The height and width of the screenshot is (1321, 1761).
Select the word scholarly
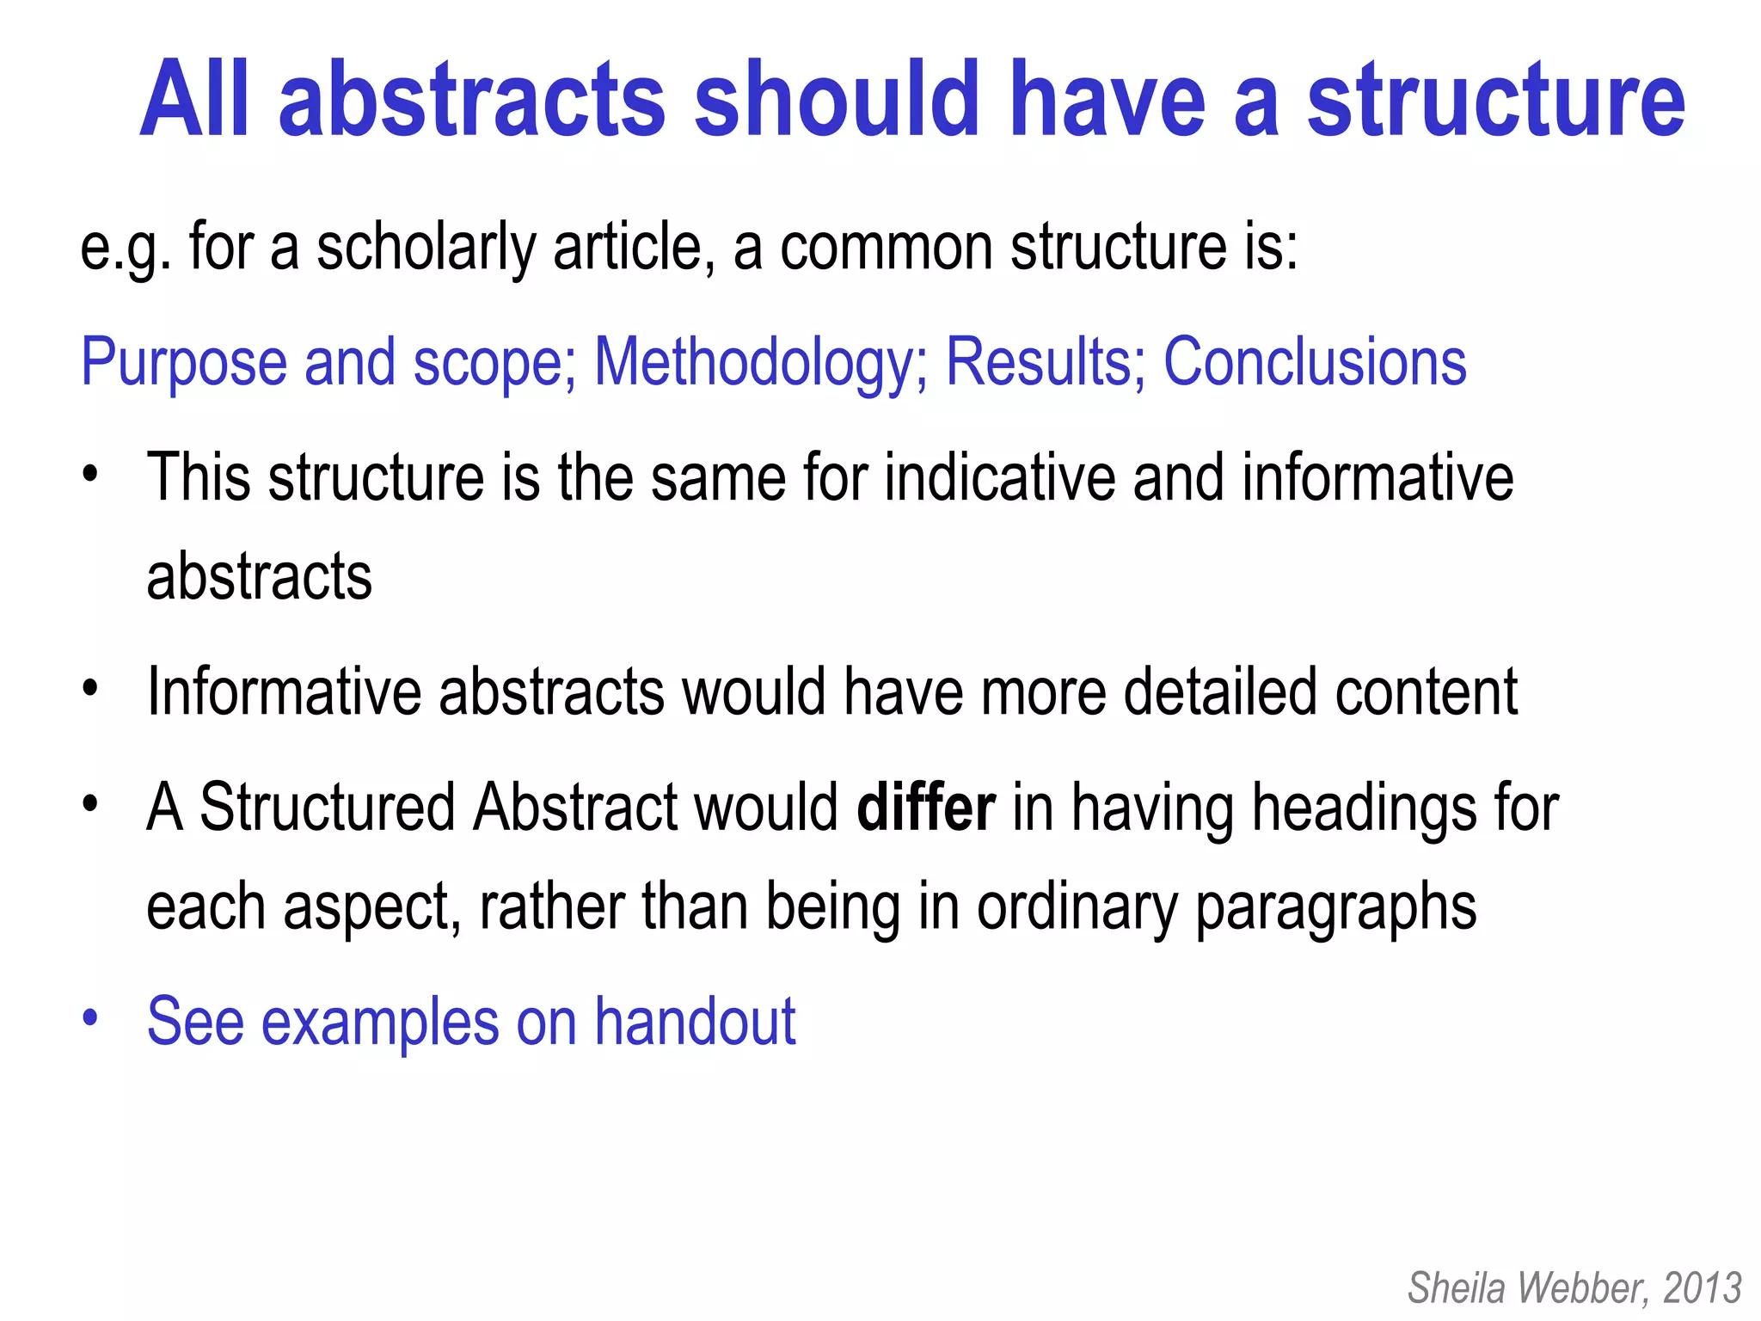pyautogui.click(x=426, y=248)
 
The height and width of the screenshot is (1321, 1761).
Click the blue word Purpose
pyautogui.click(x=183, y=363)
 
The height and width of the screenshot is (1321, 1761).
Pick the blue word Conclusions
pyautogui.click(x=1315, y=361)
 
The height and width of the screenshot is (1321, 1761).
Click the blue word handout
pyautogui.click(x=696, y=1022)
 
